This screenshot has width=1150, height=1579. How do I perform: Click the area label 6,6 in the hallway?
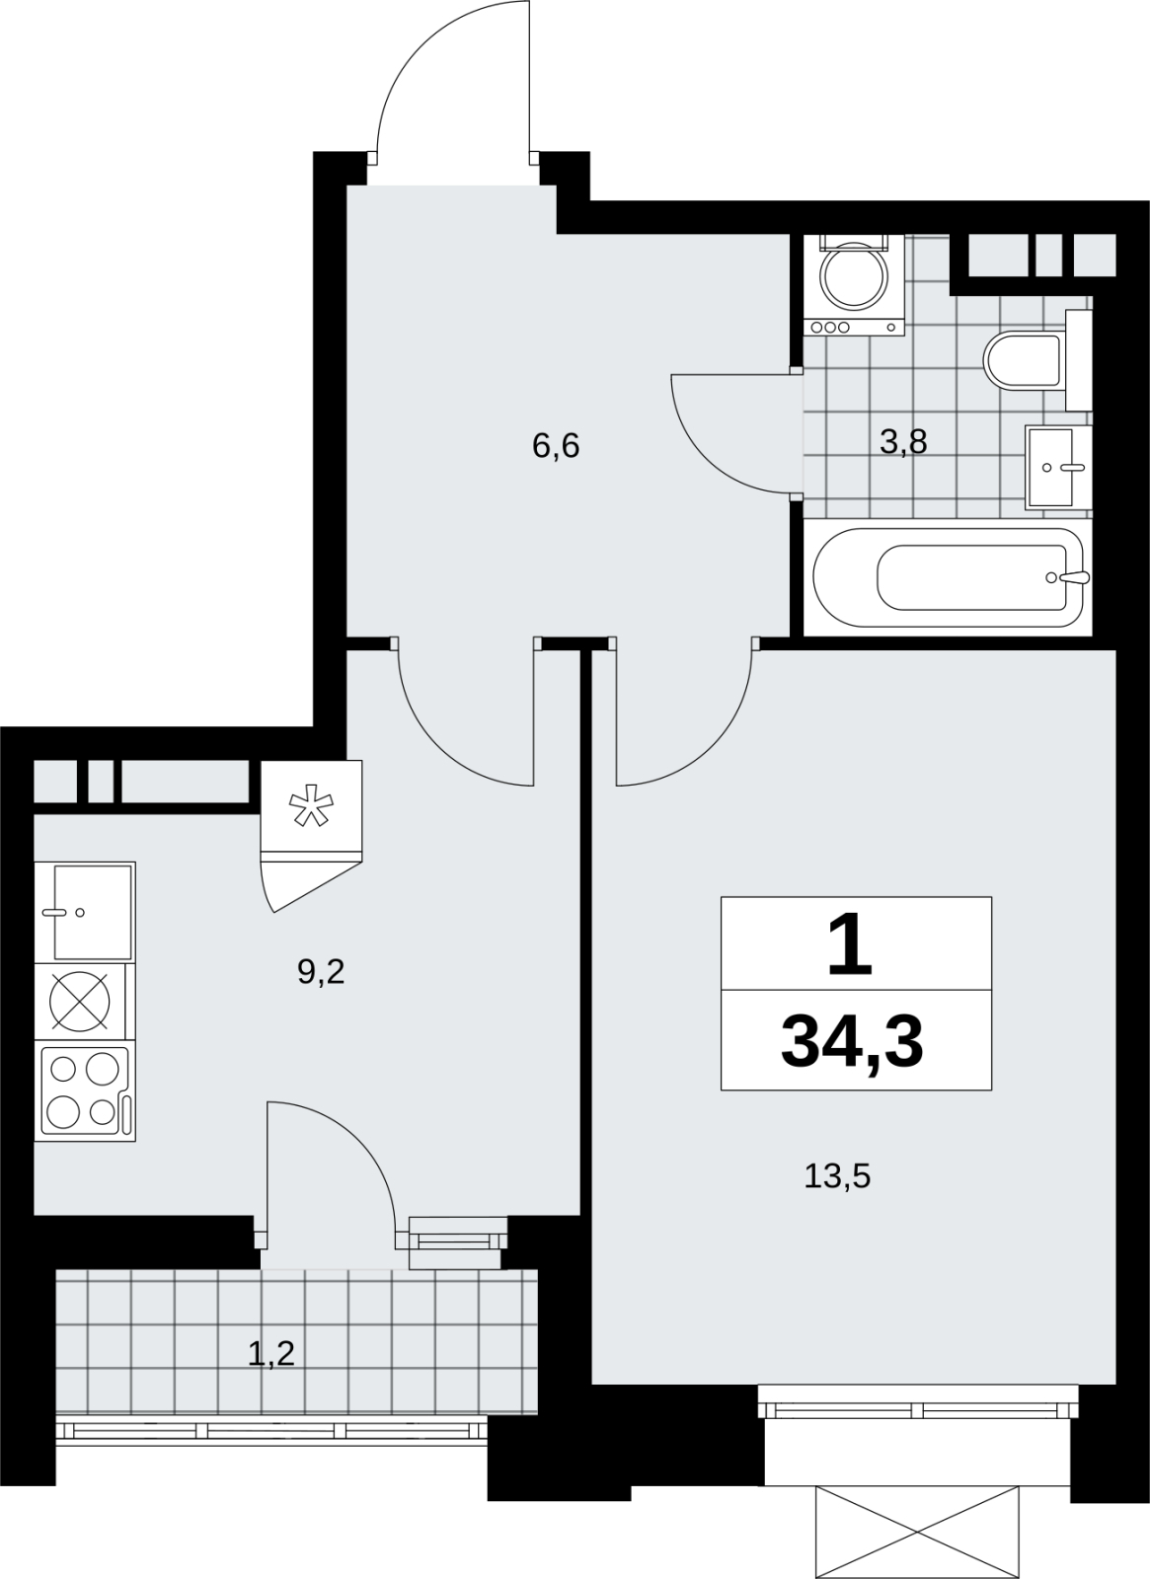556,446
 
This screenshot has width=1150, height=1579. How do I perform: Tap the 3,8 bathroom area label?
903,442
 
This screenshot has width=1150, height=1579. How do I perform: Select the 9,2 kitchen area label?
321,973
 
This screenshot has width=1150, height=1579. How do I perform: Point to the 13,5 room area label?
838,1176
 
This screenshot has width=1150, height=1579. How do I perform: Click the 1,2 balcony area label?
270,1354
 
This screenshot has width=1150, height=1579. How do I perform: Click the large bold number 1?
850,943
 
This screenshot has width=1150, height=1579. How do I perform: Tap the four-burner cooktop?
85,1090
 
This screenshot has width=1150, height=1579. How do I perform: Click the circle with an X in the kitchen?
80,1002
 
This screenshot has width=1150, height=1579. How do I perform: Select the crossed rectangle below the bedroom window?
917,1529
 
